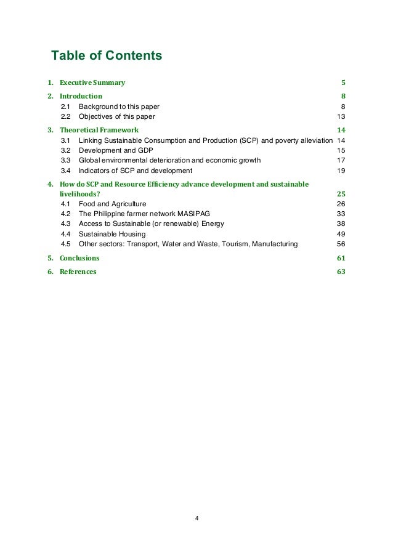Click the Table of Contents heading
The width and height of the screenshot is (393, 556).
107,56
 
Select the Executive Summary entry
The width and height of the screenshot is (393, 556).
92,83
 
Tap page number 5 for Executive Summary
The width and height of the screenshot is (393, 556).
343,83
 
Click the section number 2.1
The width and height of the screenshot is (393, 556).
65,107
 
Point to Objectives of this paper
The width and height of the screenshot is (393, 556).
117,116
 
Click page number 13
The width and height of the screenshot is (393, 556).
341,116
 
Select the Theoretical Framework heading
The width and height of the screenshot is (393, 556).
99,130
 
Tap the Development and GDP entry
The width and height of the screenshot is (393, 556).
116,150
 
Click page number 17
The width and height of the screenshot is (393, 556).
341,160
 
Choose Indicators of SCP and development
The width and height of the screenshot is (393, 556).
136,171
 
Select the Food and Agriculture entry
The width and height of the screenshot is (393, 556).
113,204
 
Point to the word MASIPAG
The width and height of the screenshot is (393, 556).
193,214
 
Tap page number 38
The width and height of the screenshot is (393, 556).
341,224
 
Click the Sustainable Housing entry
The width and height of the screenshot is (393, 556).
112,234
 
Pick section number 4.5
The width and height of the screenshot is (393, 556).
65,244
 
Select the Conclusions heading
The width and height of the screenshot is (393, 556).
79,258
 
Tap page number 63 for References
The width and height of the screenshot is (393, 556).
341,272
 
